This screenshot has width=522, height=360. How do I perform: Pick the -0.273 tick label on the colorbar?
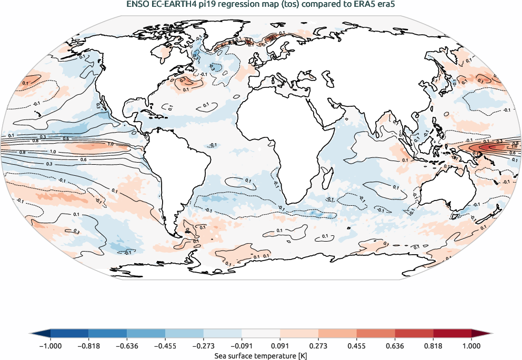(x=203, y=346)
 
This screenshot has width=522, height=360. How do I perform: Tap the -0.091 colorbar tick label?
(x=242, y=346)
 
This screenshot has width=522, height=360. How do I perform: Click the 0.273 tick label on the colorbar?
(x=318, y=346)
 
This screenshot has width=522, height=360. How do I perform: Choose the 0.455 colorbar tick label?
(x=357, y=346)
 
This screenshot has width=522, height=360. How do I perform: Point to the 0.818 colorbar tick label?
(x=433, y=346)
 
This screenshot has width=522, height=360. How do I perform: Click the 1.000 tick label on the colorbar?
(x=471, y=346)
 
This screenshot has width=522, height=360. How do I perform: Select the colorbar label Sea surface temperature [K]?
(x=261, y=356)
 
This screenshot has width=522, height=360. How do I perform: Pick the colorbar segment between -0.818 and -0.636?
(x=108, y=333)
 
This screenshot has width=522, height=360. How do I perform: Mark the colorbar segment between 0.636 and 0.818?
(x=414, y=333)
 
